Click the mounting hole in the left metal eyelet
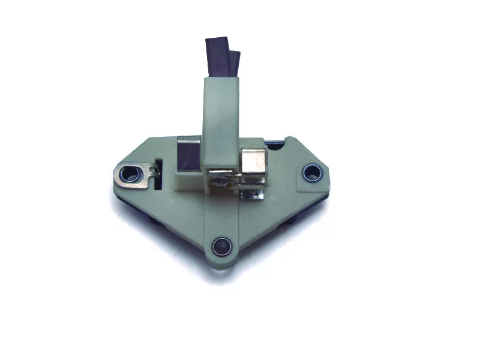click(128, 175)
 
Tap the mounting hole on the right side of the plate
click(311, 173)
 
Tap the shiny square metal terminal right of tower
click(253, 161)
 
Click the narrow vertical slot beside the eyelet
click(158, 174)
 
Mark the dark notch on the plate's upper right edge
click(274, 144)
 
